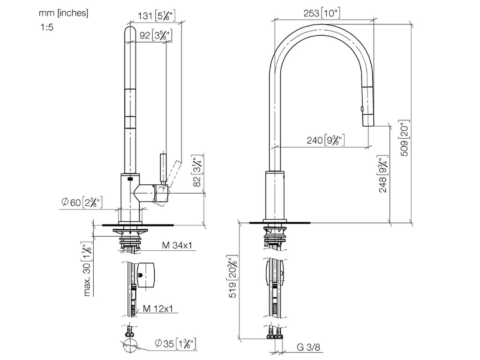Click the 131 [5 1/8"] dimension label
[x=157, y=15]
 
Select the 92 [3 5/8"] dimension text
[x=156, y=35]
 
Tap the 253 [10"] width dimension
[x=322, y=13]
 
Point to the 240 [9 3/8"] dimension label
[x=326, y=140]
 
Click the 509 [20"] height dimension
[x=405, y=138]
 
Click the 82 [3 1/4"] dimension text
[x=198, y=171]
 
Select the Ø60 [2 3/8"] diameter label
[x=82, y=202]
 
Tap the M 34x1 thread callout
[x=177, y=245]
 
